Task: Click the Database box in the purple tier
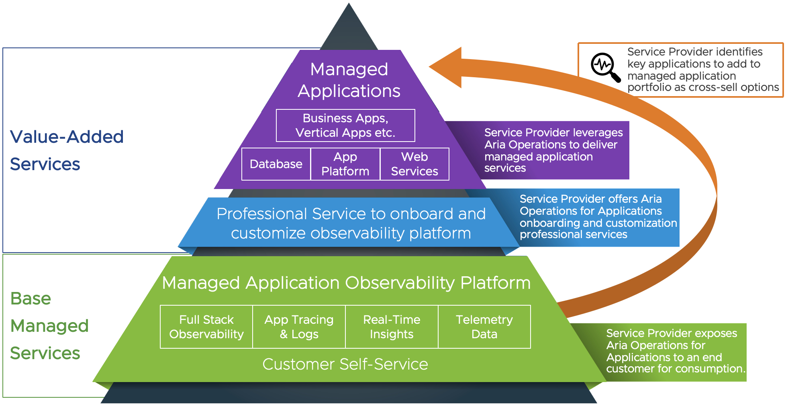pos(276,164)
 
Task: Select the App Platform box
pos(345,164)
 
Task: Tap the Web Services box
pos(414,164)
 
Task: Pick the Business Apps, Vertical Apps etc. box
pos(345,125)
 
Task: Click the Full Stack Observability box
pos(206,327)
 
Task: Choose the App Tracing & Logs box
pos(299,327)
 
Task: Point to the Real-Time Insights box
pos(392,327)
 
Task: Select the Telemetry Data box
pos(484,327)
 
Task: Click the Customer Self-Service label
pos(345,364)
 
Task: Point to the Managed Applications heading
pos(349,80)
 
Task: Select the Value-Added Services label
pos(67,150)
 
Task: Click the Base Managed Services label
pos(49,326)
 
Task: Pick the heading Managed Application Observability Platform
pos(346,283)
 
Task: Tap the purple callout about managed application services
pos(553,150)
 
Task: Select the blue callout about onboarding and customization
pos(598,217)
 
